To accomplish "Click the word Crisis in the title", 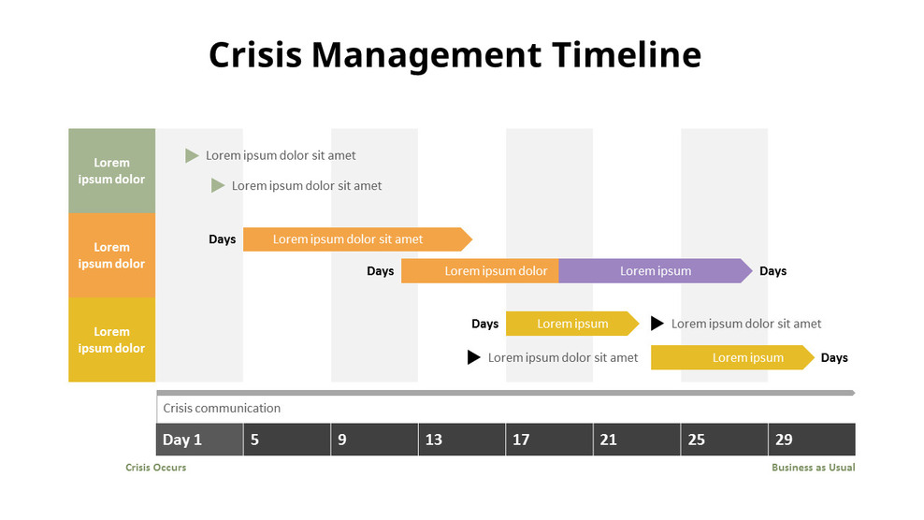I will (x=255, y=55).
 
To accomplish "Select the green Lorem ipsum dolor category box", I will (x=111, y=170).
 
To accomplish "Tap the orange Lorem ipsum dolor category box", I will (x=111, y=254).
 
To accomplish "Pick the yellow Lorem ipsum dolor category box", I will (x=111, y=339).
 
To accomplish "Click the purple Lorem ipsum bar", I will (x=655, y=271).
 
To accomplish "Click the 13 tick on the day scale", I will (x=434, y=440).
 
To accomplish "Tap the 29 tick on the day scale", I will (x=784, y=440).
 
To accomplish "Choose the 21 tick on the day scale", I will (x=609, y=440).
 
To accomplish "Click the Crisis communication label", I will (x=222, y=408).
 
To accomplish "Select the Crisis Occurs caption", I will (x=155, y=468).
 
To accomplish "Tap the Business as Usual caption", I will (x=813, y=468).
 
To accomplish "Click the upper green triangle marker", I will (x=192, y=155).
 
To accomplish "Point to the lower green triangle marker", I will (x=218, y=185).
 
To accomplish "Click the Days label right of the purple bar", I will (x=772, y=271).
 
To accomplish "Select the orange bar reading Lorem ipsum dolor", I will (x=481, y=271).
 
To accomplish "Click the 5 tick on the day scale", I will (x=255, y=440).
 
